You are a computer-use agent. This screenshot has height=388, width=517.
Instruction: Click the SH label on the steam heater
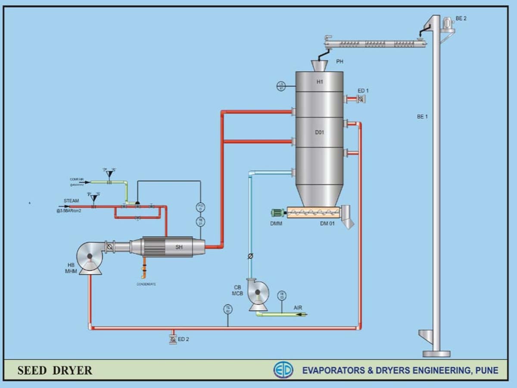179,247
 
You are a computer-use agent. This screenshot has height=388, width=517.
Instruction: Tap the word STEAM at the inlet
72,201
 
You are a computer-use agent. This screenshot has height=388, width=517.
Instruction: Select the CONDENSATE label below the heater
146,284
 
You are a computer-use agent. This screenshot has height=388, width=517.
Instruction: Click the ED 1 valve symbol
361,99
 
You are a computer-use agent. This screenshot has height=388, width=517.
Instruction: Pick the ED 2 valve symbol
173,339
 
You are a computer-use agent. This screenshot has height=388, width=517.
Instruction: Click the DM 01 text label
327,223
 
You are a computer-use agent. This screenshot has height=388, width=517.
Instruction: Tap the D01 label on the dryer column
319,132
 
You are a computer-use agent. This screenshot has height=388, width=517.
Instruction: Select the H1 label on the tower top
320,82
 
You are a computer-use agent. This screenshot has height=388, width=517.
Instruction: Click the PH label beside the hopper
340,62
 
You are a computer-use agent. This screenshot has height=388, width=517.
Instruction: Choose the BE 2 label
461,18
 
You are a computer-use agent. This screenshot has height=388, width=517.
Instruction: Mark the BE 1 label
422,117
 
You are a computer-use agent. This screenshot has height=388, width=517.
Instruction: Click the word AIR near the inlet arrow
298,308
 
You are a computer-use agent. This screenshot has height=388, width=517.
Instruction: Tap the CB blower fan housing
258,295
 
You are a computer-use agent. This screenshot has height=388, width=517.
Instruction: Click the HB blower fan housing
90,257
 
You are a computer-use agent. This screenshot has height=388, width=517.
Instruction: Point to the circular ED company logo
283,370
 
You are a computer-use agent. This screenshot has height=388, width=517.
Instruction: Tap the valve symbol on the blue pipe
250,257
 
